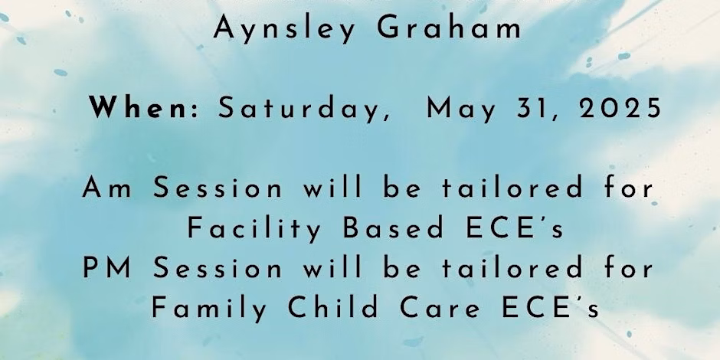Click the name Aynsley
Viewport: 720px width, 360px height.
284,29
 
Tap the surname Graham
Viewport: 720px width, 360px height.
449,28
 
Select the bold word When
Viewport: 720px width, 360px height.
138,108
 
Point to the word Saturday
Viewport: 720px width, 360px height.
304,110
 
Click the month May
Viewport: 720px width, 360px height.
461,110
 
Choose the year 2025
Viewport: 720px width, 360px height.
620,109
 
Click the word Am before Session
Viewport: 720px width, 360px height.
107,188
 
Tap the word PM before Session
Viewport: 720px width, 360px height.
107,268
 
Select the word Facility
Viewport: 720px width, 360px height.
254,229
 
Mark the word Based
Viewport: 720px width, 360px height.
394,227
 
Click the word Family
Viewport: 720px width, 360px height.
209,309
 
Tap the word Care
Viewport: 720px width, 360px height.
439,308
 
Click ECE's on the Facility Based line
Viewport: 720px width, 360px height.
514,227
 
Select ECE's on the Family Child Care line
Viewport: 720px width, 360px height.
550,308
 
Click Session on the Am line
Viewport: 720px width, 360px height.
218,188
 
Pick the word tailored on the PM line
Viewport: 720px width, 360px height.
512,267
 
